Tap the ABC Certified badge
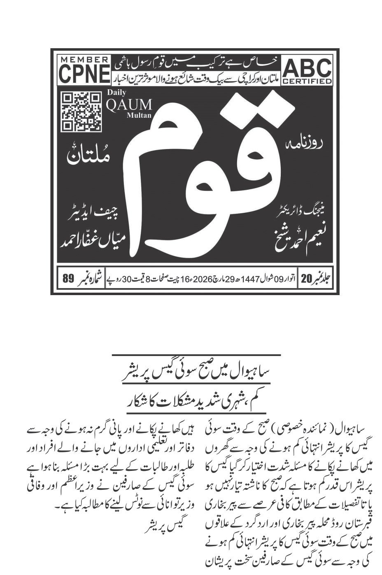(x=307, y=71)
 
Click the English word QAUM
(x=129, y=105)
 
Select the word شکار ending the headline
(x=137, y=400)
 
